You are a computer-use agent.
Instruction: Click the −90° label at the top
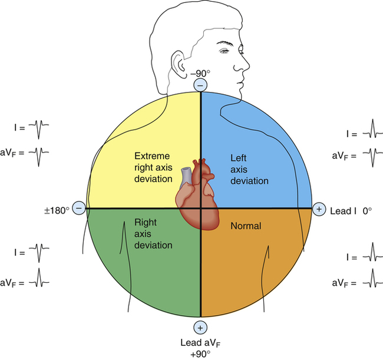tap(200, 74)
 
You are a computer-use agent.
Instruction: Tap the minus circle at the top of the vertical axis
tap(200, 85)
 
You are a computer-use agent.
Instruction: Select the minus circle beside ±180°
tap(80, 208)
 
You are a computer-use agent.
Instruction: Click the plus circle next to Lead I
tap(319, 209)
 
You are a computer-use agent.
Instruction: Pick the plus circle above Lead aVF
tap(200, 328)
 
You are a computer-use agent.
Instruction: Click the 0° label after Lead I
tap(367, 211)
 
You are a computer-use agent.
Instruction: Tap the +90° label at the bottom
tap(200, 354)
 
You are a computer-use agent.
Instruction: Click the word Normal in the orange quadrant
tap(246, 226)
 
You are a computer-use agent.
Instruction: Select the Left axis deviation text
tap(249, 170)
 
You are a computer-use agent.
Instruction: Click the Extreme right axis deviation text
tap(153, 167)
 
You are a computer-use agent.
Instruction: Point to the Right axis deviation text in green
tap(153, 234)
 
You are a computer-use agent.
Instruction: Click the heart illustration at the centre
tap(197, 194)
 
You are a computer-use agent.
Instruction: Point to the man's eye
tap(224, 51)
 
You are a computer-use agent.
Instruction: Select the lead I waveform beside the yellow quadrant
tap(38, 129)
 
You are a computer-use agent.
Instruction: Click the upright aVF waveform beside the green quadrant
tap(39, 278)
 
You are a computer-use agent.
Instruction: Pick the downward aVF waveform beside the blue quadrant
tap(373, 157)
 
